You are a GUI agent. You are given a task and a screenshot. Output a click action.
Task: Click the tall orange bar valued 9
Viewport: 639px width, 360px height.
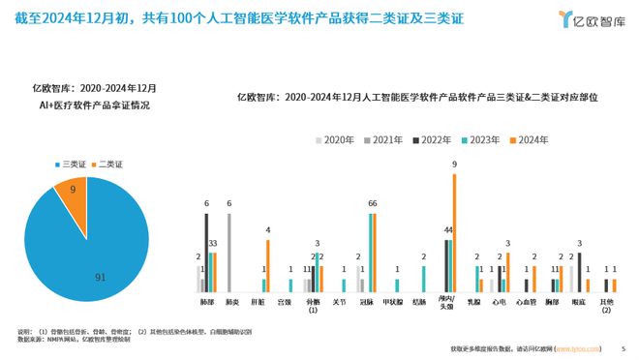[x=454, y=232]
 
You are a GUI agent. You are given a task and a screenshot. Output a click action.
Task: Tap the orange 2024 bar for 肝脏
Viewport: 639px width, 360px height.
[x=268, y=266]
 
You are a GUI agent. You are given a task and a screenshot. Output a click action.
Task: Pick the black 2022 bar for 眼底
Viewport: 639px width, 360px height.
[x=579, y=272]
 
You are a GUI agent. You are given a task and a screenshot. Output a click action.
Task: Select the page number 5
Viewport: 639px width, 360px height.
[x=624, y=349]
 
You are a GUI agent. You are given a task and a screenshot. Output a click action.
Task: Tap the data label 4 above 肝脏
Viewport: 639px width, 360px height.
[x=268, y=230]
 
